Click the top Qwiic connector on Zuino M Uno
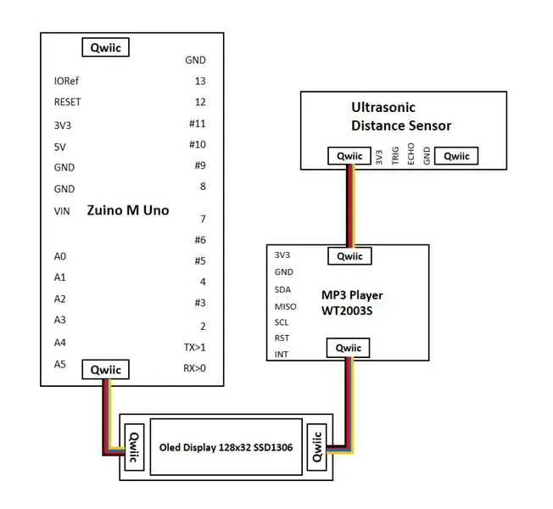click(x=105, y=48)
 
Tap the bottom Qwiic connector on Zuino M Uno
click(x=105, y=369)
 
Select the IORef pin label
click(x=66, y=81)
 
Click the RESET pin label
click(x=67, y=102)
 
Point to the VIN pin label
click(x=62, y=211)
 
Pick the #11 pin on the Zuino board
click(x=197, y=124)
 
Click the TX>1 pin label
click(x=194, y=348)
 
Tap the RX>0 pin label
click(x=194, y=368)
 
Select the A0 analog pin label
click(x=60, y=256)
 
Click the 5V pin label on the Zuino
click(x=60, y=147)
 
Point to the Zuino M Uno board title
click(x=128, y=210)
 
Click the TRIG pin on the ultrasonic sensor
click(x=395, y=155)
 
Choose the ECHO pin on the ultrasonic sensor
click(x=411, y=154)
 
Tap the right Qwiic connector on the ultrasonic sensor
click(x=456, y=156)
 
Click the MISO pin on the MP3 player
click(x=285, y=306)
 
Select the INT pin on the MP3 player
click(x=282, y=354)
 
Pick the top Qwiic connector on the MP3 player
click(x=349, y=256)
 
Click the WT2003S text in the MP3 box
click(x=347, y=310)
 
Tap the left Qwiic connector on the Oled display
click(x=134, y=447)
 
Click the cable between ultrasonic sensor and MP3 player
click(x=350, y=206)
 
